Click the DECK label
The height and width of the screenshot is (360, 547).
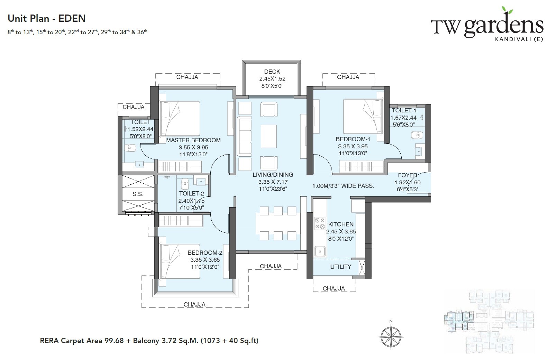tap(272, 72)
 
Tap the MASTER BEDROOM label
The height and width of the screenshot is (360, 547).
tap(193, 140)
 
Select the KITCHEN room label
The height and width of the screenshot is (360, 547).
tap(341, 224)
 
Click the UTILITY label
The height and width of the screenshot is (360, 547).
tap(340, 267)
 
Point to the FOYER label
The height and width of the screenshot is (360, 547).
tap(407, 175)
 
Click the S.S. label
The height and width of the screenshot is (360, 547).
tap(138, 194)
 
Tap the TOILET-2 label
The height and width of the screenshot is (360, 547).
tap(191, 194)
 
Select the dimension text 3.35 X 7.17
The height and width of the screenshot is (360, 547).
tap(273, 182)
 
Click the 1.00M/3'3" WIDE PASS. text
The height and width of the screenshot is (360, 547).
tap(343, 186)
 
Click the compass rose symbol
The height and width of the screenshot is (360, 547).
tap(391, 335)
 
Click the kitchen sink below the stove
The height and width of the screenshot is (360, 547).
tap(319, 251)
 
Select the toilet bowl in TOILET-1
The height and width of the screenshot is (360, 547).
tap(414, 134)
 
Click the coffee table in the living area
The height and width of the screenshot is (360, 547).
tap(269, 136)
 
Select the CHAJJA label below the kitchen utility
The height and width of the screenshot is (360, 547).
tap(334, 288)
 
